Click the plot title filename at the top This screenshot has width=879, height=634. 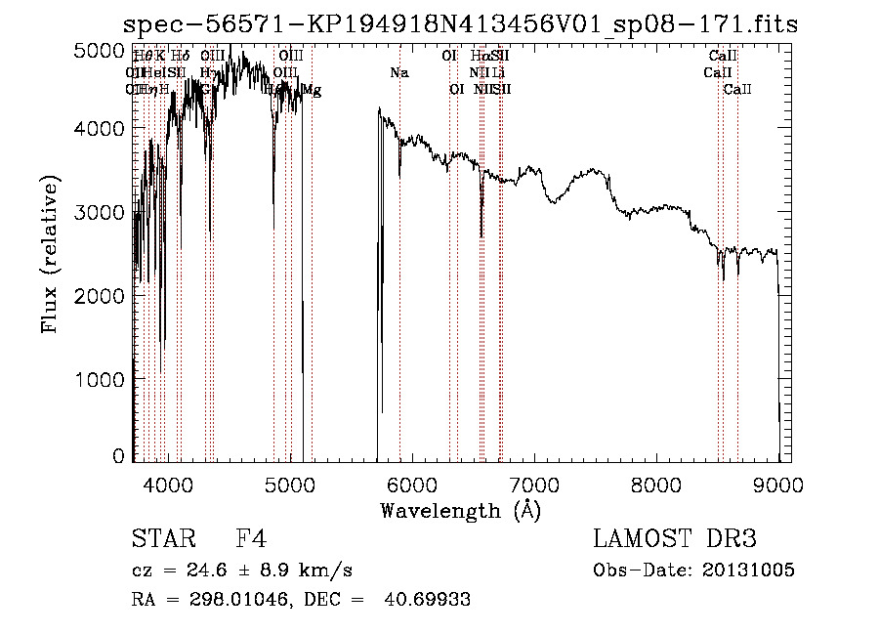(461, 24)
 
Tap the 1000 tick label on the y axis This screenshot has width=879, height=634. (100, 379)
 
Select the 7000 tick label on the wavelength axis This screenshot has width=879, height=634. (533, 485)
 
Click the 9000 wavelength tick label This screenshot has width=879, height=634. (778, 485)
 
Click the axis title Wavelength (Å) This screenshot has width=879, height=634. (460, 510)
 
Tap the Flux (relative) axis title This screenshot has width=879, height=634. (49, 254)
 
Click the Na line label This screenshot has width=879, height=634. (398, 73)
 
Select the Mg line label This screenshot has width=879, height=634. (312, 91)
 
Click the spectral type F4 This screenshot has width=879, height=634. (251, 539)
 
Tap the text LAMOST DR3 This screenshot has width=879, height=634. (675, 539)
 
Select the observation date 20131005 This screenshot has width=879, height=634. (746, 571)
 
